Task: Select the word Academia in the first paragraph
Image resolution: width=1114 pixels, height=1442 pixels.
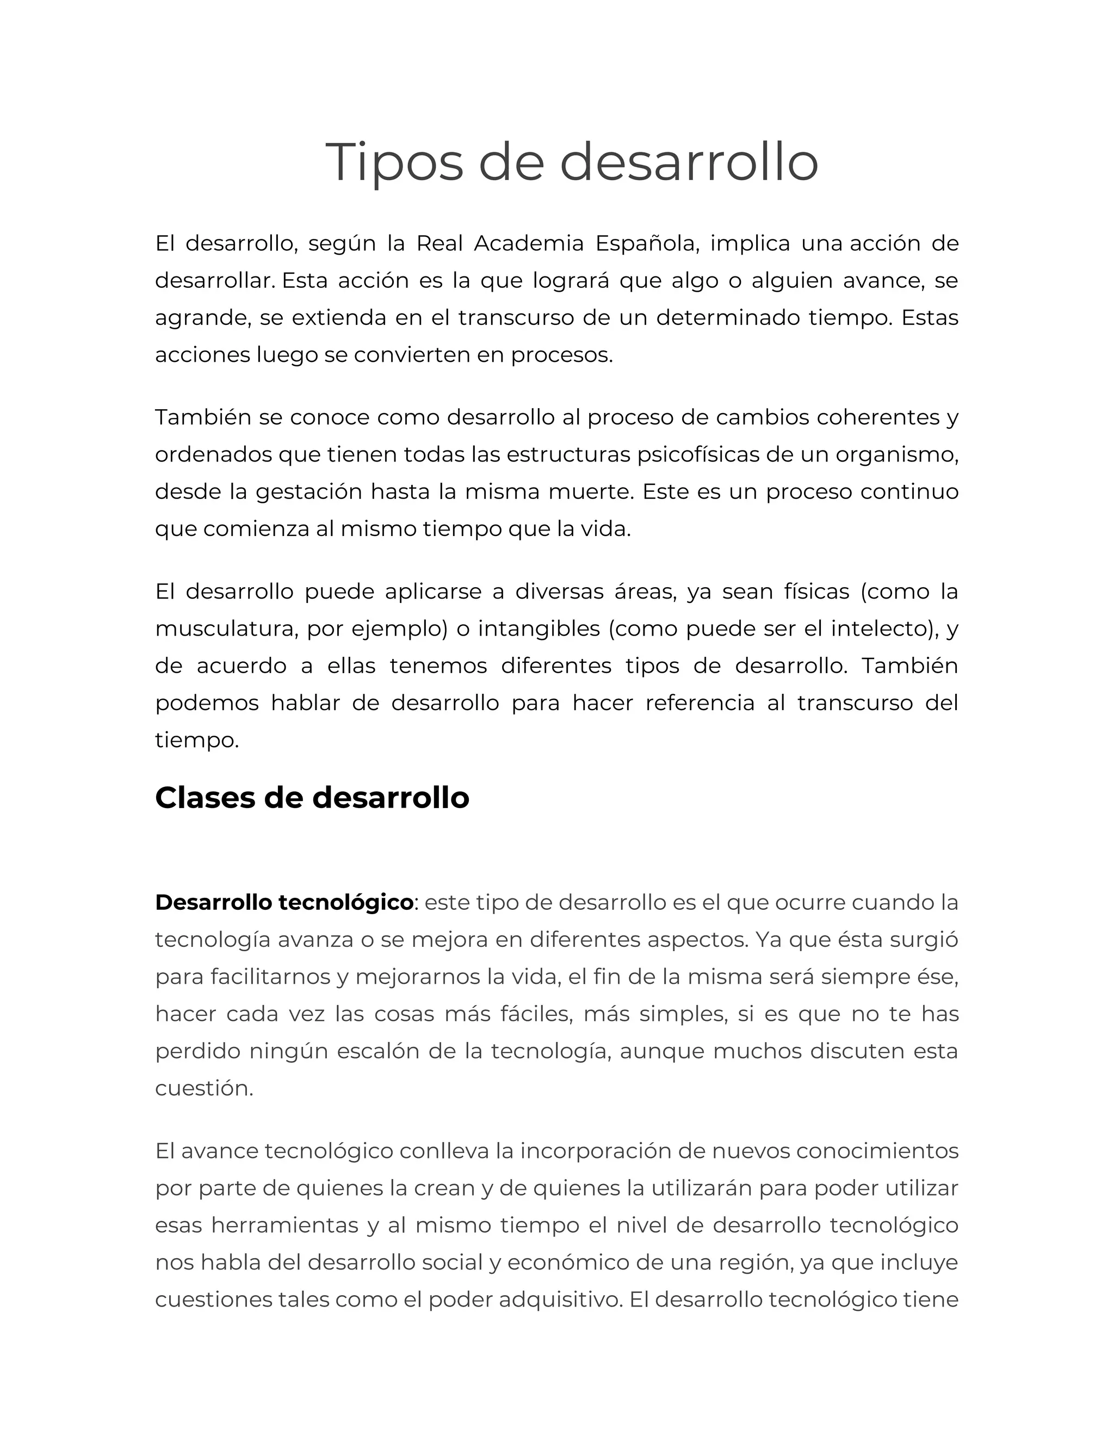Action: click(x=529, y=244)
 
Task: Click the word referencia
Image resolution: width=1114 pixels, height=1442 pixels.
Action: click(x=699, y=702)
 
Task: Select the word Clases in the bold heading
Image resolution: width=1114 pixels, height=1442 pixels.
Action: click(x=204, y=798)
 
